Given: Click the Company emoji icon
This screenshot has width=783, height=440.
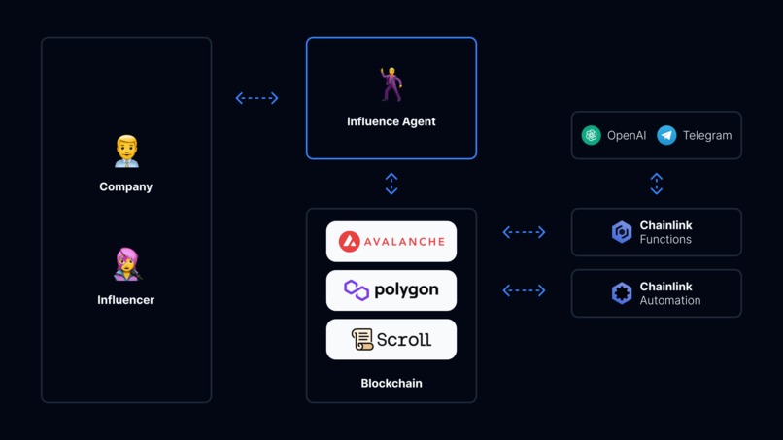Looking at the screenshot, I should (126, 152).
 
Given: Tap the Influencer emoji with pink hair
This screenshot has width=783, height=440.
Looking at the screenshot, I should (126, 264).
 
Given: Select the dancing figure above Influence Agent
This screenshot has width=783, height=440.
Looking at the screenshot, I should (391, 85).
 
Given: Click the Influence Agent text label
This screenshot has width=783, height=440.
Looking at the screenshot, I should (391, 121).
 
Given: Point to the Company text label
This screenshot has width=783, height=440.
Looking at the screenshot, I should (126, 186).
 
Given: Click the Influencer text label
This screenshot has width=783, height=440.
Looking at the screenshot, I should (126, 300).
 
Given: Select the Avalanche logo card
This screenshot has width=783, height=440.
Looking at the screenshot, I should (391, 242).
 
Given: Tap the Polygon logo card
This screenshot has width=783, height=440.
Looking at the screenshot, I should (391, 290).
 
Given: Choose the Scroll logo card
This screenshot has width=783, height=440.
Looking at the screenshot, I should (391, 340).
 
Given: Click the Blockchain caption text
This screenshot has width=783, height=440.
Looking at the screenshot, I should (391, 384).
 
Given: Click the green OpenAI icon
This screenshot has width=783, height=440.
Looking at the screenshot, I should (591, 136).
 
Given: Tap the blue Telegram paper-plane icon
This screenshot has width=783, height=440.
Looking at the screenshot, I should (666, 136).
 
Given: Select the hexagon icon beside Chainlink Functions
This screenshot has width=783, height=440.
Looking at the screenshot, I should (622, 232).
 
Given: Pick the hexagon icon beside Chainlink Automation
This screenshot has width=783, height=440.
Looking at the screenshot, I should (622, 293).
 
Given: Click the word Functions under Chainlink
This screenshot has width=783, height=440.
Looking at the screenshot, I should (665, 240).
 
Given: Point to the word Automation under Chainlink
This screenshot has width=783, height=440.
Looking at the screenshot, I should (669, 301).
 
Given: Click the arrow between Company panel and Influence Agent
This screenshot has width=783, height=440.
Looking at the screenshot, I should (257, 98).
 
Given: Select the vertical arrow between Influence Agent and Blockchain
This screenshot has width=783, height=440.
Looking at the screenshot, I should (391, 184).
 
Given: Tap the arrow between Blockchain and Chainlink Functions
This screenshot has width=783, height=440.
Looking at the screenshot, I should (524, 232).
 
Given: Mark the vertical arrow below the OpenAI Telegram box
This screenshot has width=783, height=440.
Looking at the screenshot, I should (657, 184).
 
